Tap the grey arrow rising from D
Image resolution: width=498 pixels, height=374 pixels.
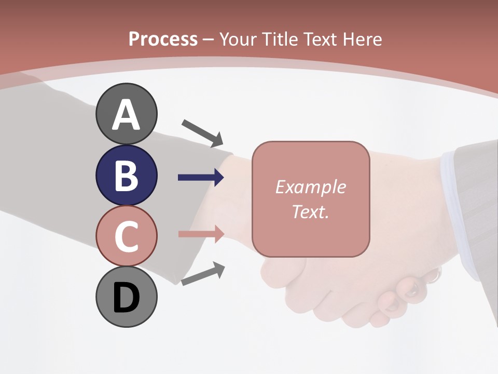203,273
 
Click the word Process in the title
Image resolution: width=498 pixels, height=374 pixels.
163,39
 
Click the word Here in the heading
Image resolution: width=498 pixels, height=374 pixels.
362,39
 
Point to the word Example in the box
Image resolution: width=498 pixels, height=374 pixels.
310,187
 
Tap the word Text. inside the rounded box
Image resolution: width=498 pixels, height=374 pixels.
310,211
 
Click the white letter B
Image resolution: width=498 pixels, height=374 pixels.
126,176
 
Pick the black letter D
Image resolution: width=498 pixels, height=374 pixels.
126,298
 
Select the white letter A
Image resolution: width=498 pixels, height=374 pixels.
126,115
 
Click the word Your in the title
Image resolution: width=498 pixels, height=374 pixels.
239,39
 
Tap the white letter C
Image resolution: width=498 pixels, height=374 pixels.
126,236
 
